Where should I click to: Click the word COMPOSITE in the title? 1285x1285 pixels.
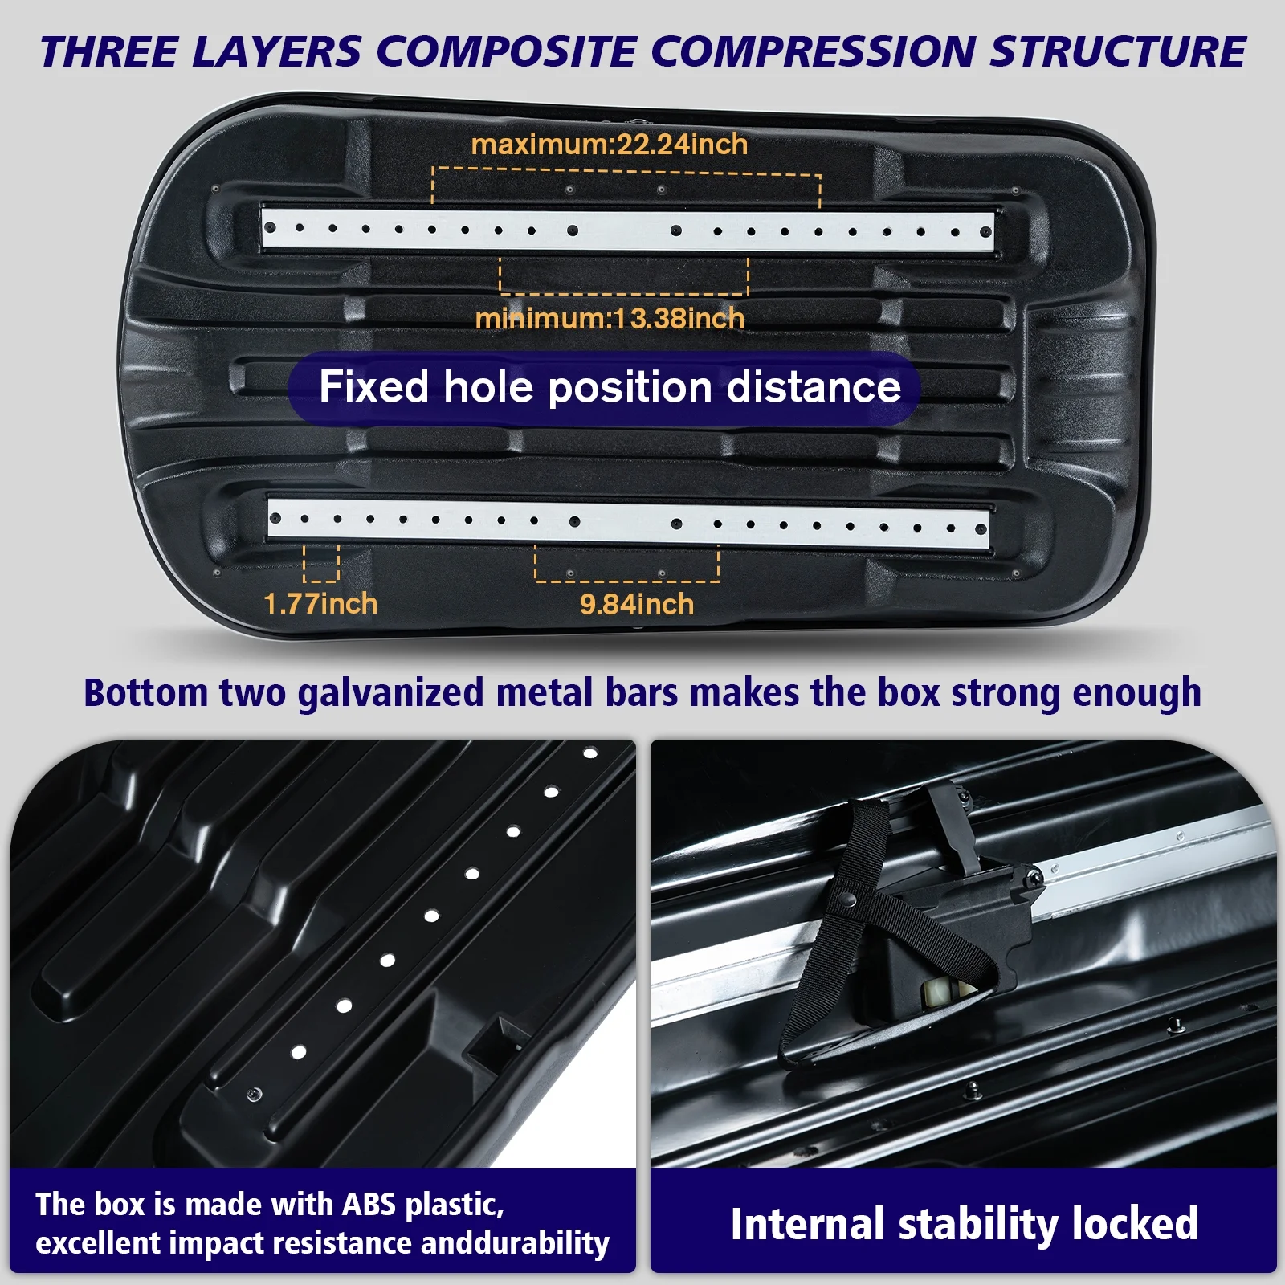(506, 52)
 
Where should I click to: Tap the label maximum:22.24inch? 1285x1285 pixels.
(610, 145)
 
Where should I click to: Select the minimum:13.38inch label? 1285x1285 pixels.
(610, 319)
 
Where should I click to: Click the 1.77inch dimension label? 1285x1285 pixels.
(320, 604)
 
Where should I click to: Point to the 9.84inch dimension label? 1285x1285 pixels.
(637, 604)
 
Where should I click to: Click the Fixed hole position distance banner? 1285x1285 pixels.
(610, 387)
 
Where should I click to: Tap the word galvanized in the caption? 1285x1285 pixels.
(390, 693)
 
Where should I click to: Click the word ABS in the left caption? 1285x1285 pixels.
(369, 1205)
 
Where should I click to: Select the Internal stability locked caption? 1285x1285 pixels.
(964, 1224)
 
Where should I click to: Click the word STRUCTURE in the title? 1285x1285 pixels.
(1117, 52)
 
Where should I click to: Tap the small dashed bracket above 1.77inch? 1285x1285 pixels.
(321, 564)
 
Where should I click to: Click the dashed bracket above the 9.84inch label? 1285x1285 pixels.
(626, 565)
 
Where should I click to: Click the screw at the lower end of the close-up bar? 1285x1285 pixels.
(255, 1095)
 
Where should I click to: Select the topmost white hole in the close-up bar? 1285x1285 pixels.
(590, 753)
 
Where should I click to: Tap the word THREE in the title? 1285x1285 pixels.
(108, 52)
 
